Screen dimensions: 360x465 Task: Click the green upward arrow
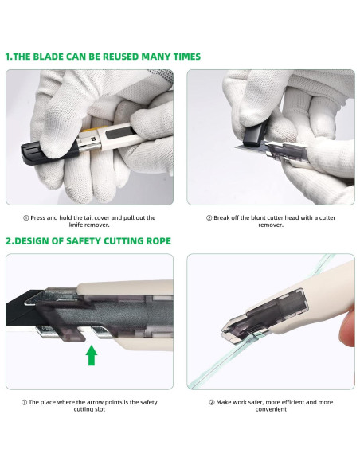pyautogui.click(x=92, y=355)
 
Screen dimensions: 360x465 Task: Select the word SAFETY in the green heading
pyautogui.click(x=84, y=240)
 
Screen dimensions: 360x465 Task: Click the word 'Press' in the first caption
pyautogui.click(x=38, y=217)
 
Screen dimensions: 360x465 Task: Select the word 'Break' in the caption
pyautogui.click(x=221, y=217)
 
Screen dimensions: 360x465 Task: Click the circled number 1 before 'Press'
pyautogui.click(x=25, y=218)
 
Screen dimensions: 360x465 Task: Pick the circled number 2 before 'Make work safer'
pyautogui.click(x=211, y=402)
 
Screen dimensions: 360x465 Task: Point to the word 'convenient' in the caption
pyautogui.click(x=271, y=409)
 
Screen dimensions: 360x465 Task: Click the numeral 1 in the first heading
pyautogui.click(x=7, y=57)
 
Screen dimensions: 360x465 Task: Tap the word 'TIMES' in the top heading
pyautogui.click(x=187, y=57)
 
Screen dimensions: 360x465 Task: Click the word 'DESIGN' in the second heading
pyautogui.click(x=31, y=240)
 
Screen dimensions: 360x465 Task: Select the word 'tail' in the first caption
pyautogui.click(x=88, y=217)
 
